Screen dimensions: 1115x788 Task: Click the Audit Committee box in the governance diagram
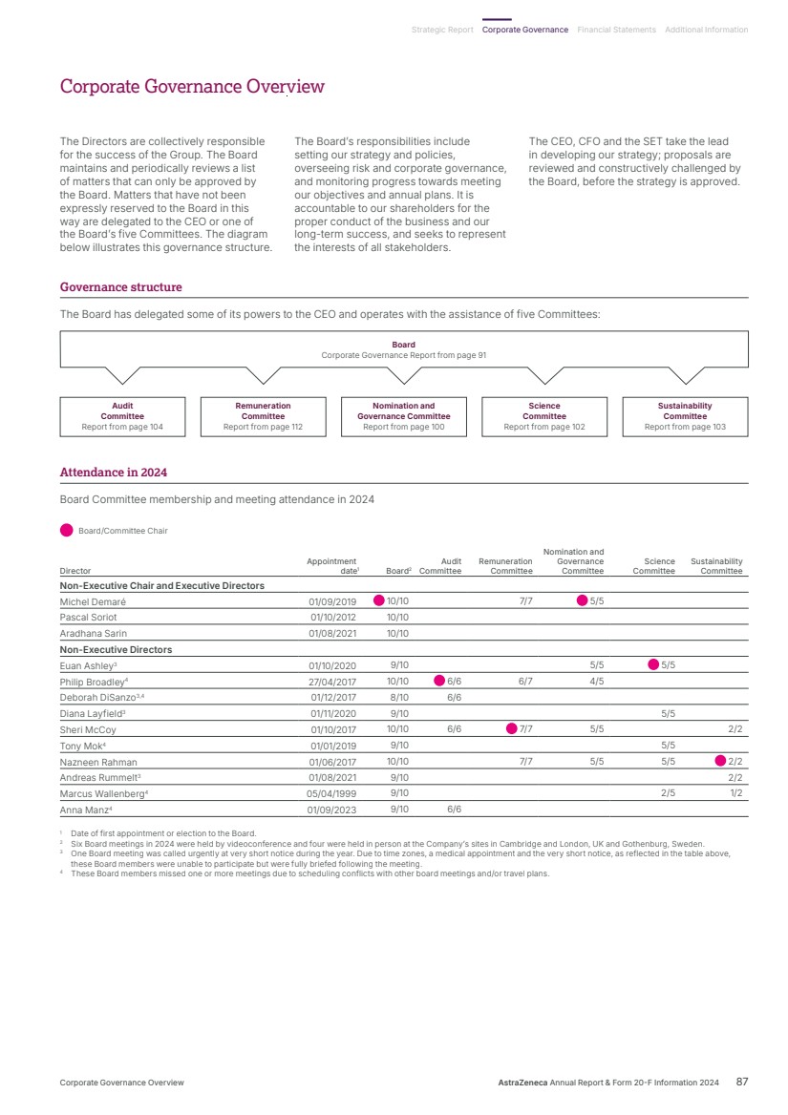point(122,416)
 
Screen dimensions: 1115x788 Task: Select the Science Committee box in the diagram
point(544,416)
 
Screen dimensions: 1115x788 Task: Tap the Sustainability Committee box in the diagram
point(685,416)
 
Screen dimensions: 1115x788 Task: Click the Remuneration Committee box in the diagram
point(263,416)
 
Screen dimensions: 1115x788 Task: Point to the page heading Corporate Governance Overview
point(192,87)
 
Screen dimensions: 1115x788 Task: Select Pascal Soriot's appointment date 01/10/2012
point(332,618)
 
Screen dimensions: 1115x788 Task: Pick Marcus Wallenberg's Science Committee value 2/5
point(669,793)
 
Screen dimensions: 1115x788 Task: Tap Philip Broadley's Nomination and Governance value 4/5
point(596,682)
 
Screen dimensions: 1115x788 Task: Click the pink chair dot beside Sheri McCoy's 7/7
point(512,729)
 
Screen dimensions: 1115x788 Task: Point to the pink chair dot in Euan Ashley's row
point(654,665)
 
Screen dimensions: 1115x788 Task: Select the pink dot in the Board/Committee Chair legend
point(66,531)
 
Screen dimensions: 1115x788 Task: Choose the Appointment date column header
point(331,566)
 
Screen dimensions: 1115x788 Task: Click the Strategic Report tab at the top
point(442,30)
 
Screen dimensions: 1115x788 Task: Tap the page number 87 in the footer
point(741,1083)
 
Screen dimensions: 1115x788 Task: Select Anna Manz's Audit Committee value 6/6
point(455,810)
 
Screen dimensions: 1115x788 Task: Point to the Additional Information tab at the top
point(706,30)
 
